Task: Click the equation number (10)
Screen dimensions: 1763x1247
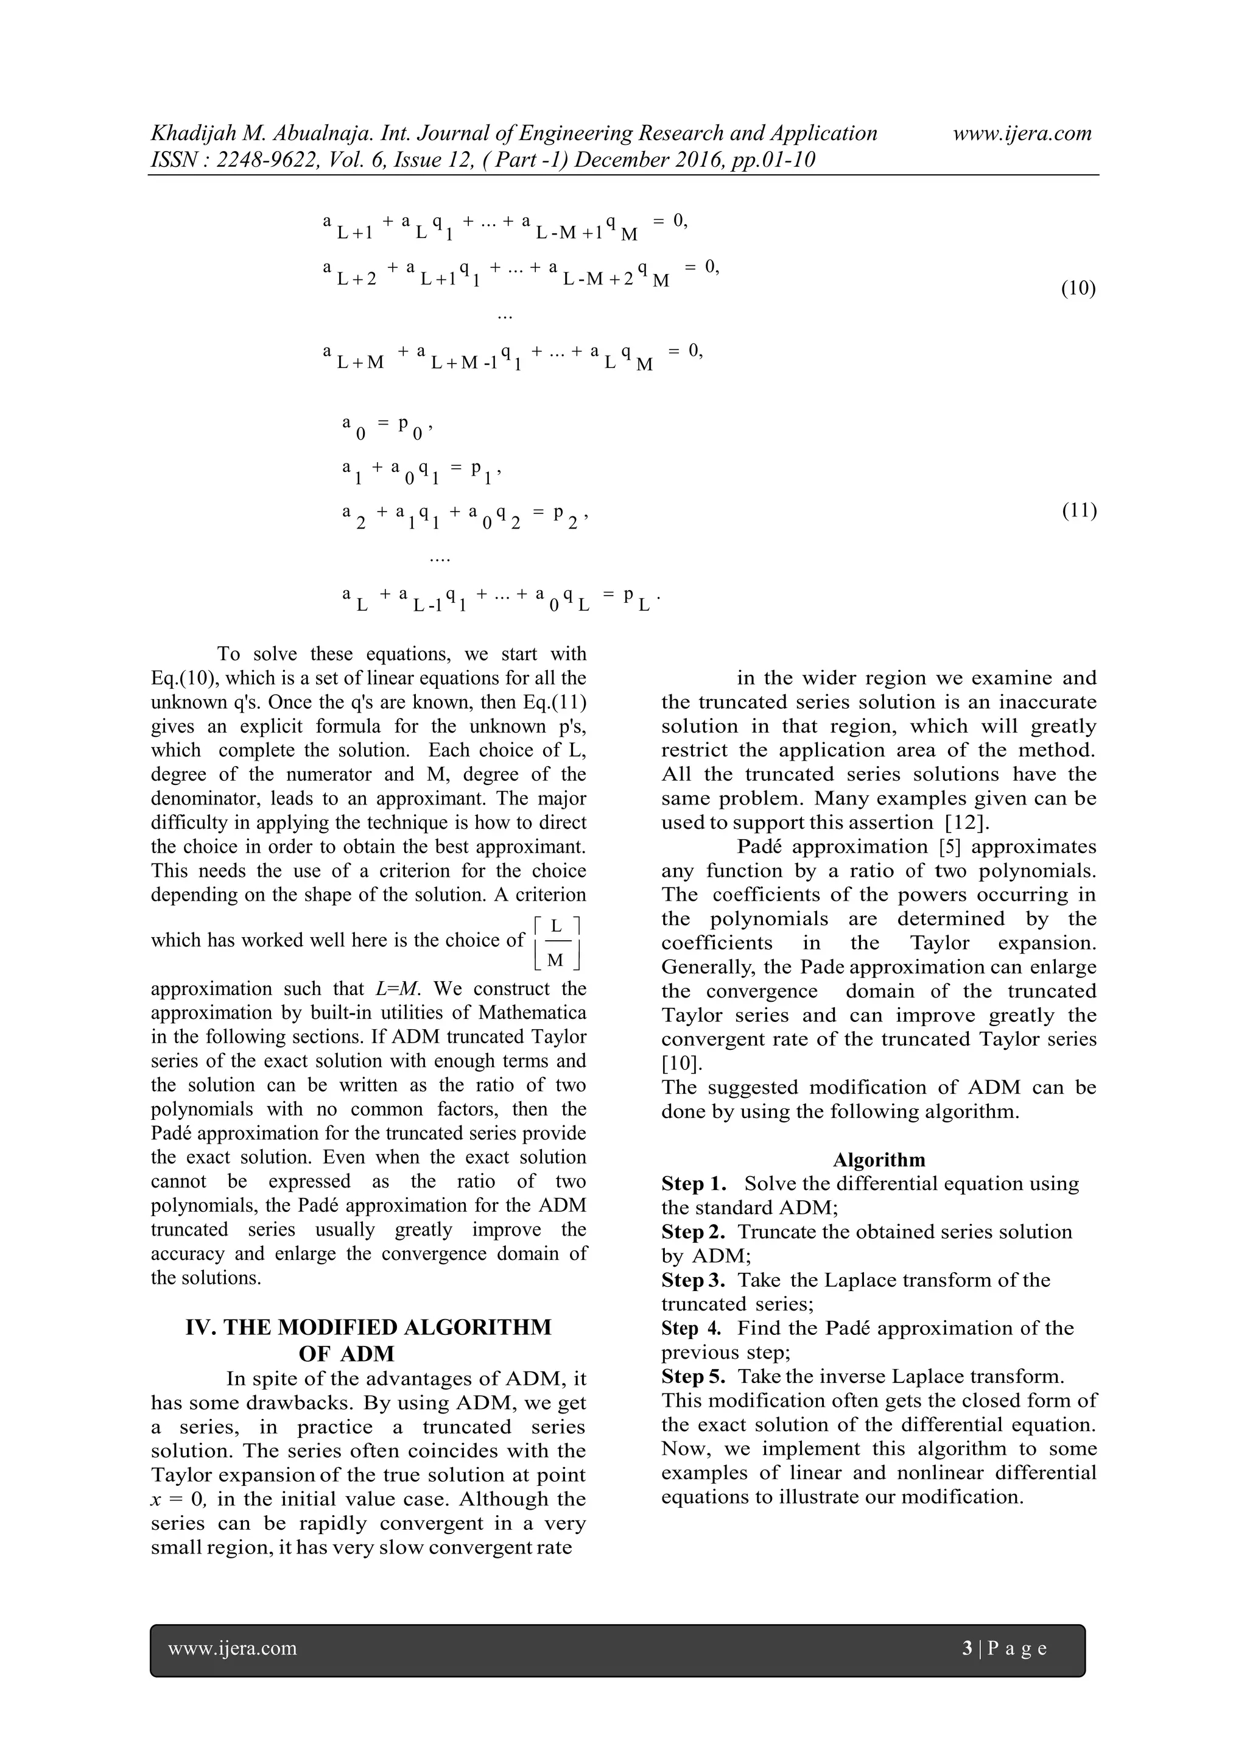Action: coord(1078,289)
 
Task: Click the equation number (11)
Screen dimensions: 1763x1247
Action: coord(1079,510)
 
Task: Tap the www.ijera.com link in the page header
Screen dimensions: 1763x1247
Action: coord(1022,133)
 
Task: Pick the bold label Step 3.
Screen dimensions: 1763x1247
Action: coord(694,1280)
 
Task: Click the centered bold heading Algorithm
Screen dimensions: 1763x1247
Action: coord(879,1159)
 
